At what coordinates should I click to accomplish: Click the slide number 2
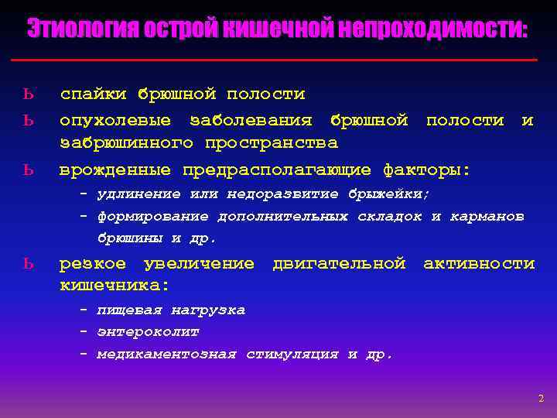point(541,398)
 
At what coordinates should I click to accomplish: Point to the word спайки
point(93,94)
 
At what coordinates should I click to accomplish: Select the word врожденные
point(116,169)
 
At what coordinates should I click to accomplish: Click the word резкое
point(93,264)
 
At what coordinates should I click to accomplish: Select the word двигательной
point(339,264)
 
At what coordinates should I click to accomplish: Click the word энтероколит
point(148,331)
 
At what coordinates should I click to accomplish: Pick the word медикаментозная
point(166,354)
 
